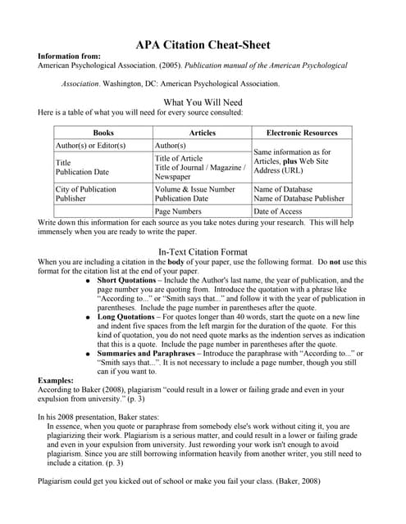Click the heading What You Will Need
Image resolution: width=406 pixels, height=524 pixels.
pos(203,102)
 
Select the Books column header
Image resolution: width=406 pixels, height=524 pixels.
pos(103,132)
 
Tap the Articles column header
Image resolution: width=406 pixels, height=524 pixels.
pos(202,132)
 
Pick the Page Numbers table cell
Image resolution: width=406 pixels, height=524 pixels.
pos(178,211)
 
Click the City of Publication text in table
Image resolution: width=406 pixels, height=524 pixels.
pos(85,189)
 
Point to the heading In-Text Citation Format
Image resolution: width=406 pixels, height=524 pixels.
pos(203,251)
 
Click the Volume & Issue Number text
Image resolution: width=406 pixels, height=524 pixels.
pos(195,189)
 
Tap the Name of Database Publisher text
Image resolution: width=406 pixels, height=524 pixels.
pos(299,198)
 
